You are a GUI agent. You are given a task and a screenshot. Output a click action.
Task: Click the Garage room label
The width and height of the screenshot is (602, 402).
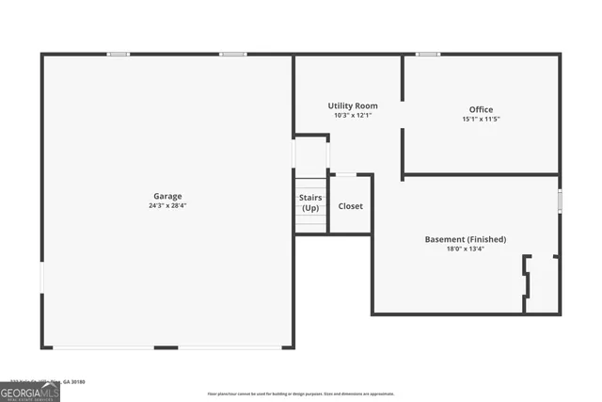(168, 196)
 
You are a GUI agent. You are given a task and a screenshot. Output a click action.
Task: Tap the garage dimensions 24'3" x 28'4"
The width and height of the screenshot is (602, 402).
(168, 205)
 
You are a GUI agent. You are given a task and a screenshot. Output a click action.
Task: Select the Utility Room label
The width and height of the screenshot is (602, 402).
(353, 105)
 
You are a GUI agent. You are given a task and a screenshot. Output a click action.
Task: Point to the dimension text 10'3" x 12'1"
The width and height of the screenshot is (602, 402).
(353, 115)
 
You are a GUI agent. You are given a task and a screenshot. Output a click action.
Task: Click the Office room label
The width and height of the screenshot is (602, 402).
(481, 109)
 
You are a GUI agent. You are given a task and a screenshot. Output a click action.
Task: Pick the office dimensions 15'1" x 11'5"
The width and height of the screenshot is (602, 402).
(481, 120)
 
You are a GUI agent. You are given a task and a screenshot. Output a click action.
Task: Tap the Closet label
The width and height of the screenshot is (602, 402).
(351, 206)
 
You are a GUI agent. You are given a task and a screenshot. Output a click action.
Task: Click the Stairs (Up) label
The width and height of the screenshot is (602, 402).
(310, 202)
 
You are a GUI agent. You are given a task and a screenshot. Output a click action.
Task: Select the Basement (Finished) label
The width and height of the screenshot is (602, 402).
(466, 239)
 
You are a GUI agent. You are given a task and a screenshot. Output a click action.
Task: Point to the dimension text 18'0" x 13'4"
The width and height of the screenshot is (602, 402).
(466, 249)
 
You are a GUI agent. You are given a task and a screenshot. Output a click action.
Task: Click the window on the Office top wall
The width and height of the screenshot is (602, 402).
(428, 54)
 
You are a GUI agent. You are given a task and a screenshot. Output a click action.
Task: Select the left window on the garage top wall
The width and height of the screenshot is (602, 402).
(118, 54)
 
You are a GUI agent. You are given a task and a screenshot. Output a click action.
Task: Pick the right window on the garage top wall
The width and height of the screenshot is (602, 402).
(233, 54)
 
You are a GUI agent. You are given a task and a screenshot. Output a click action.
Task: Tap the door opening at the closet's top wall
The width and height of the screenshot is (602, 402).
(346, 174)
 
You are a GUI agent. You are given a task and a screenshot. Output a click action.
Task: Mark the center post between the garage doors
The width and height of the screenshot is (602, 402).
(166, 347)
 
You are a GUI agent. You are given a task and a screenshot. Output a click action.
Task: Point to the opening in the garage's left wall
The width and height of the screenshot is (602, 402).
(41, 277)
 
